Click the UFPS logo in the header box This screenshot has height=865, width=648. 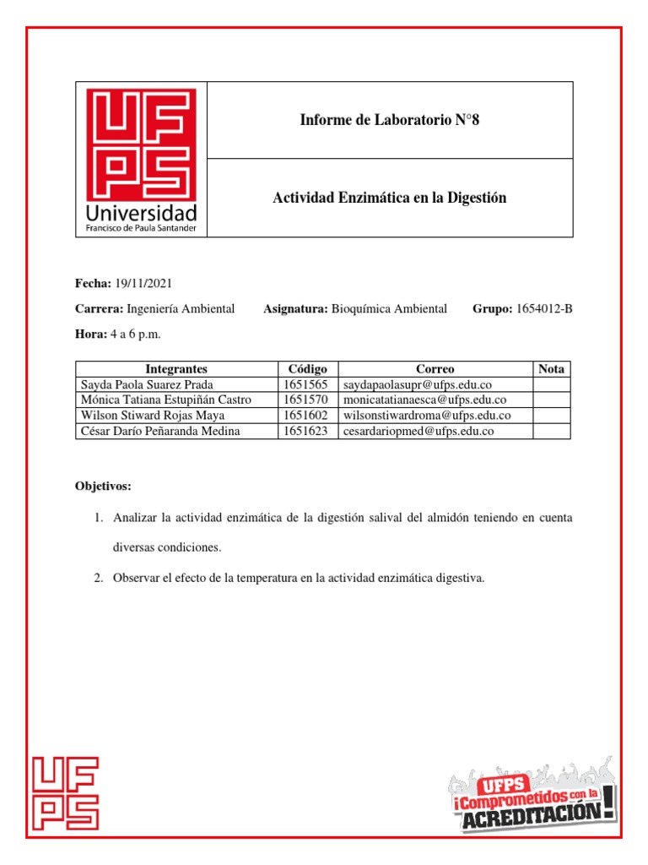pos(141,160)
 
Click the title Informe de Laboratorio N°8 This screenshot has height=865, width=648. pos(389,120)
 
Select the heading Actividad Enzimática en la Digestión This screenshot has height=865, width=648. pos(389,198)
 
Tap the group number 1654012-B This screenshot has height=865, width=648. pos(544,309)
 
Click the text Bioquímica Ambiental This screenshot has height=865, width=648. pos(389,309)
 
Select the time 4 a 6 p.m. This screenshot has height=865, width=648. pos(135,335)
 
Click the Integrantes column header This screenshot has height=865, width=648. pos(176,369)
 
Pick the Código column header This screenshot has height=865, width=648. pos(308,369)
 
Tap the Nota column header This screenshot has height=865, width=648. pos(551,369)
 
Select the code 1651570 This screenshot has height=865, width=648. pos(305,400)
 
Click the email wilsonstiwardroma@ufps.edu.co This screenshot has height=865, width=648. pos(426,416)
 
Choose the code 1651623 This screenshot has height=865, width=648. pos(305,431)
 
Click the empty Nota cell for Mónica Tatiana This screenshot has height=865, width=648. pos(551,400)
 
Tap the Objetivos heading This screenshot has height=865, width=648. pos(103,487)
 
